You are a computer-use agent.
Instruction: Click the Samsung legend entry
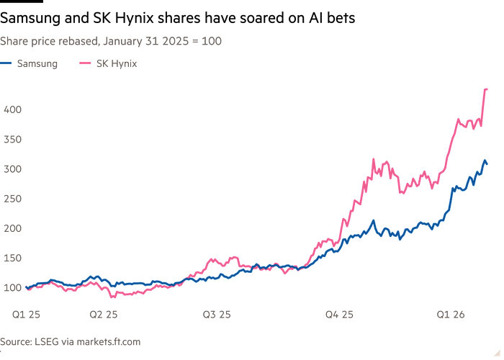(x=37, y=64)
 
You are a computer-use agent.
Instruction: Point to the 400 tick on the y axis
(x=14, y=109)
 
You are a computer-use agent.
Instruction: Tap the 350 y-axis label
(x=14, y=139)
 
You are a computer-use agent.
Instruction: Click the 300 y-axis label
(x=14, y=168)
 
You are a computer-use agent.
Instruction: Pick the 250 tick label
(x=14, y=198)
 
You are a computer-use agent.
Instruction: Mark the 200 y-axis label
(x=14, y=228)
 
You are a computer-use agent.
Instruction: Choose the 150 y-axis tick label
(x=14, y=258)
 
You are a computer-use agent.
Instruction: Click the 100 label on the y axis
(x=14, y=288)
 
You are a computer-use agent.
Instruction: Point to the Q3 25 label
(x=217, y=315)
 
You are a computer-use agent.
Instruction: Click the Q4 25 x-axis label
(x=339, y=315)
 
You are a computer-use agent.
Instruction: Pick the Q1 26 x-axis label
(x=451, y=315)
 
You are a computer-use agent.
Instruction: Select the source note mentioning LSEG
(x=70, y=341)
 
